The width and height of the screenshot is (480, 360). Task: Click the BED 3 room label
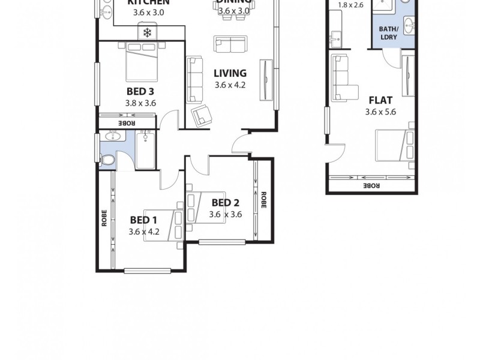tap(140, 92)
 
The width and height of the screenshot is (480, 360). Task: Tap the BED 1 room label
tap(144, 220)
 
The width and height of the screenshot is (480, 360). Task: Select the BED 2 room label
tap(226, 202)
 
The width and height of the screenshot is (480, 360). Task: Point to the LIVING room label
tap(230, 73)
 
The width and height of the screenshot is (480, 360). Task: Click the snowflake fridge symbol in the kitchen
tap(146, 31)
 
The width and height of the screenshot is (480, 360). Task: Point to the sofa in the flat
tap(341, 77)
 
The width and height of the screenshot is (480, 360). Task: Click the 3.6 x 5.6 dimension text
tap(380, 112)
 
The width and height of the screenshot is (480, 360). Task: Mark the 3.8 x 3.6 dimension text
tap(140, 103)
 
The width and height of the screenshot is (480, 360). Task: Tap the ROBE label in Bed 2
tap(263, 200)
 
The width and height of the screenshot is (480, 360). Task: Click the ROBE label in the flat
tap(371, 186)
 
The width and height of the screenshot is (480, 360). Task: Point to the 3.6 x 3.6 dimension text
tap(226, 214)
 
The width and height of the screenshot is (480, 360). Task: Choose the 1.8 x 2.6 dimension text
tap(351, 5)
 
